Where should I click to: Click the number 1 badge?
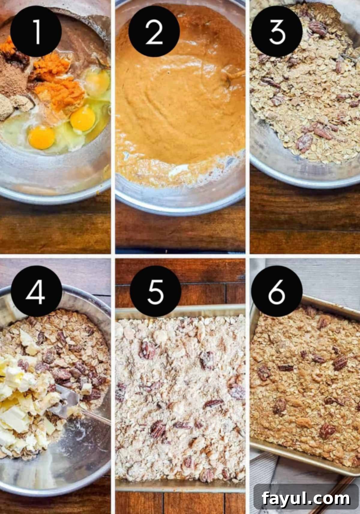click(36, 31)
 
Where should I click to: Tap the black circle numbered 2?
click(154, 31)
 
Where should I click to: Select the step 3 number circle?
click(277, 31)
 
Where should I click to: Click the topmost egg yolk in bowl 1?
click(97, 82)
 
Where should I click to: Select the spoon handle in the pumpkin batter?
click(235, 75)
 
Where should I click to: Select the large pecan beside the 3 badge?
click(318, 28)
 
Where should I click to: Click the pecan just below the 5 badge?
click(147, 349)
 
